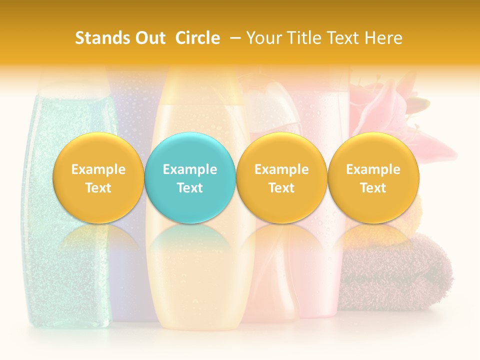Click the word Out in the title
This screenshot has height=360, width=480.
149,38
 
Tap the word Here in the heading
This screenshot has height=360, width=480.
384,38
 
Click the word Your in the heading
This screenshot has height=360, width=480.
264,38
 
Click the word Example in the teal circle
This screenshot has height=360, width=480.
190,169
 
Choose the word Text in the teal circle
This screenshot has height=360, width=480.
190,188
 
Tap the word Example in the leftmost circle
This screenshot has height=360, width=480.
98,169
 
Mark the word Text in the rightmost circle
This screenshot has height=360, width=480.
373,188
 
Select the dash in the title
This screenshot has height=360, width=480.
233,38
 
